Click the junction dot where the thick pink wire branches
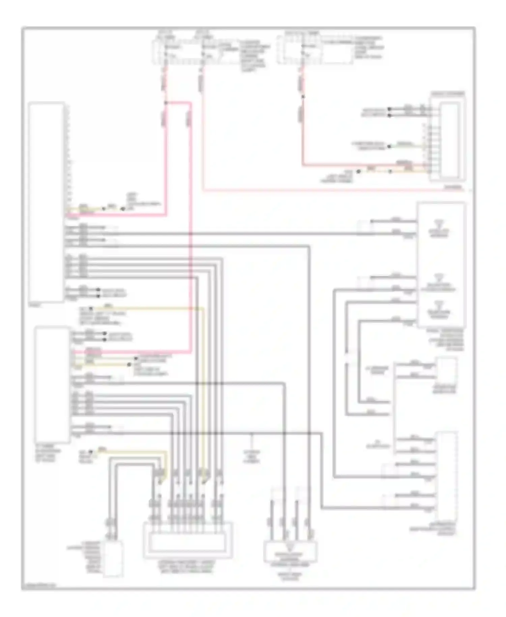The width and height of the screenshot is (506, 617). [x=165, y=102]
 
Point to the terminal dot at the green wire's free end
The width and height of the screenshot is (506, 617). [x=389, y=146]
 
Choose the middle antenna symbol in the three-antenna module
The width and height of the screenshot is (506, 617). [x=438, y=277]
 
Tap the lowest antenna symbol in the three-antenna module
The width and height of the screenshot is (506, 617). [x=438, y=304]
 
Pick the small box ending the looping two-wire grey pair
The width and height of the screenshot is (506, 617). [x=113, y=559]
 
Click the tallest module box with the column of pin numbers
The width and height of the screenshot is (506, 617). [x=47, y=202]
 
